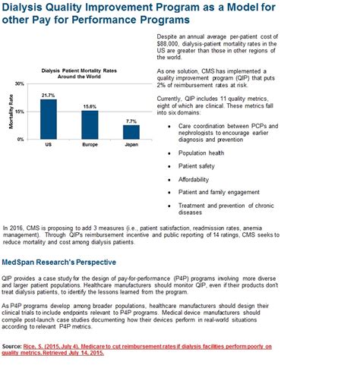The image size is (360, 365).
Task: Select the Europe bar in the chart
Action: point(90,125)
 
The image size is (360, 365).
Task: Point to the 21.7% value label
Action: point(49,95)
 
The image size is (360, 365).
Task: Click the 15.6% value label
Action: point(90,106)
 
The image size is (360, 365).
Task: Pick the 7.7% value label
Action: point(131,121)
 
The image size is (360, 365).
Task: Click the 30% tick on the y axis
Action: point(21,83)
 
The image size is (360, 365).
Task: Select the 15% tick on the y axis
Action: point(21,112)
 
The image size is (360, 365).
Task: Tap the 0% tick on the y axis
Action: point(22,140)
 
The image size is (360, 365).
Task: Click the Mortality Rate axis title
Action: point(10,112)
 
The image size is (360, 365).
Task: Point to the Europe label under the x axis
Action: point(90,144)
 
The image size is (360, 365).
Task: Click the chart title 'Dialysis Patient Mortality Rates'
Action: point(89,70)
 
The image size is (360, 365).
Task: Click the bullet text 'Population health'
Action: point(204,152)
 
